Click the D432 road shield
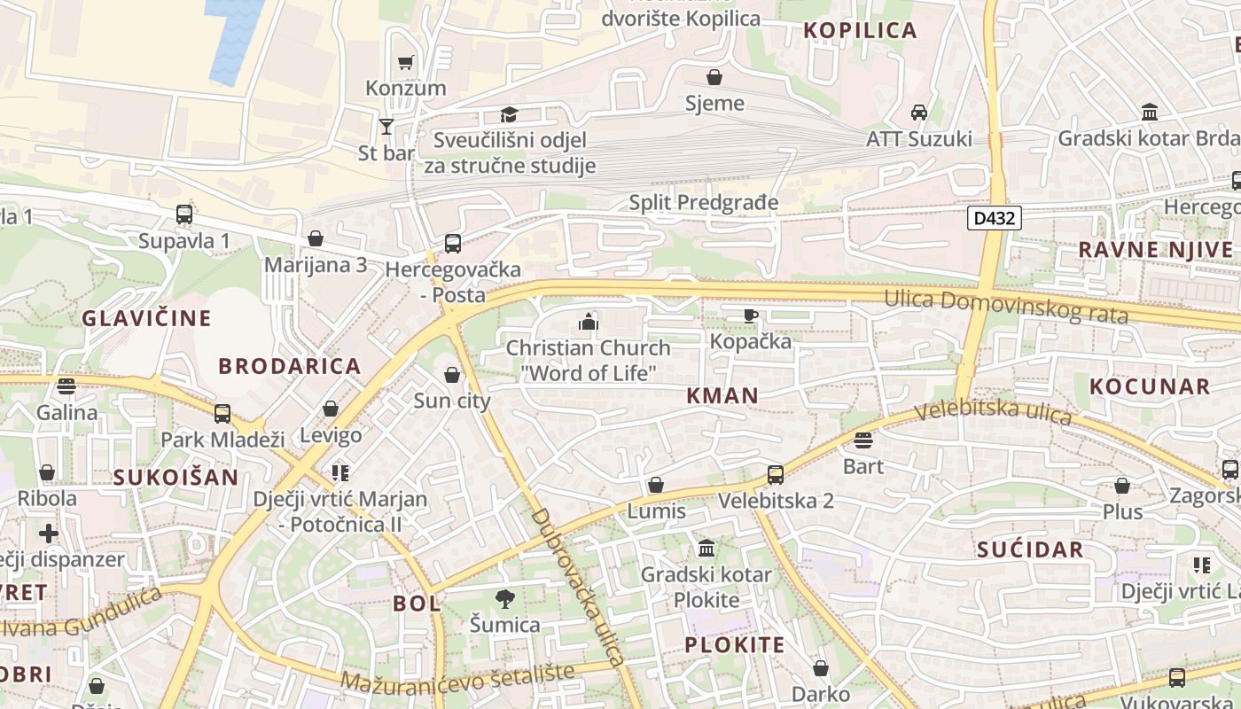(995, 218)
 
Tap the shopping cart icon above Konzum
(406, 62)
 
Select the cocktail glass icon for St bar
(386, 127)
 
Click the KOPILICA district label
(860, 30)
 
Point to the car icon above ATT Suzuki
(919, 113)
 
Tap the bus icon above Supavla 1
(184, 214)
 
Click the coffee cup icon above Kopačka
(751, 315)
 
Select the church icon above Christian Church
(589, 322)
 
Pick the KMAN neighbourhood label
(722, 396)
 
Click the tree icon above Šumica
(505, 599)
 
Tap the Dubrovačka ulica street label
(578, 587)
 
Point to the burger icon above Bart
(863, 440)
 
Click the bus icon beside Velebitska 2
(776, 475)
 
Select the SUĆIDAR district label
(1030, 549)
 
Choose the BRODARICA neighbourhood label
(290, 366)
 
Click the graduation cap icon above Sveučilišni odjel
(509, 114)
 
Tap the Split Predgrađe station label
(704, 203)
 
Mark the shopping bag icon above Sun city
(452, 375)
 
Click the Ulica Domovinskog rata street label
(1006, 307)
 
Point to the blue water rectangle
(233, 40)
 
